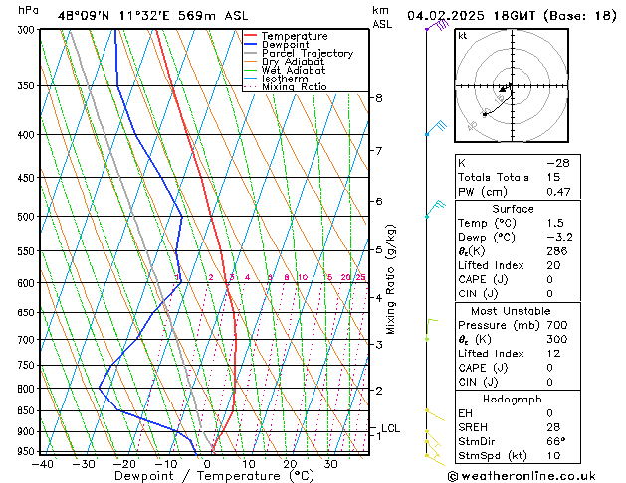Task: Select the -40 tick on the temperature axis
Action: tap(42, 464)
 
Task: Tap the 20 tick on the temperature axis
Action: tap(290, 464)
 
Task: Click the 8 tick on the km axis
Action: tap(379, 98)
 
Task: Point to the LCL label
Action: tap(390, 428)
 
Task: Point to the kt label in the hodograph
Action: tap(462, 36)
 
